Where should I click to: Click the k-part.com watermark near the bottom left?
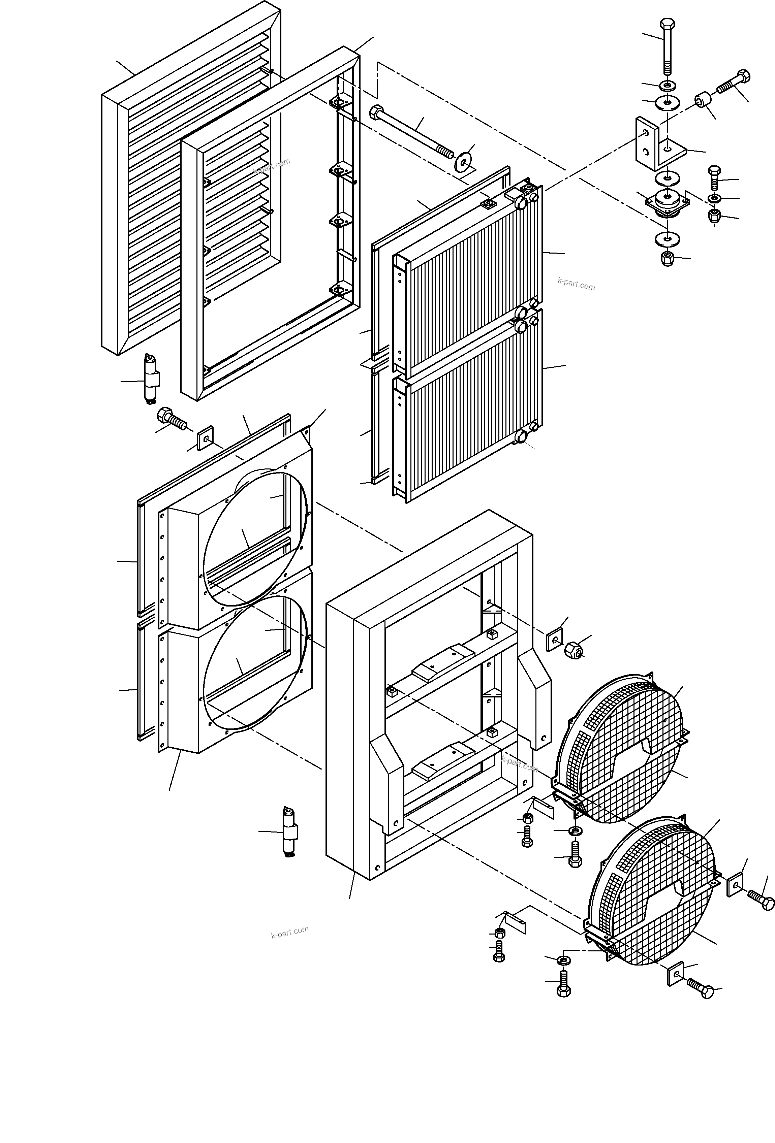(x=289, y=932)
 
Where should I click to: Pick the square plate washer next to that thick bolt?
(x=205, y=438)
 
